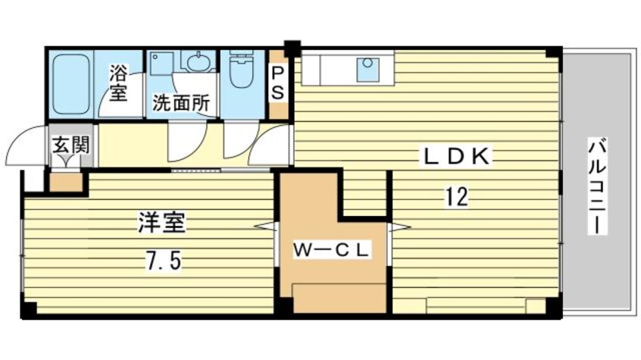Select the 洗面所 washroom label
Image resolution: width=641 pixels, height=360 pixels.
click(181, 103)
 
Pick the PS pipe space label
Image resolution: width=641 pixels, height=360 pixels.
click(278, 83)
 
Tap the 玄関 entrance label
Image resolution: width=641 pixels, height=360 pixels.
click(70, 144)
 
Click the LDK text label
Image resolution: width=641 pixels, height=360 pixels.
click(457, 158)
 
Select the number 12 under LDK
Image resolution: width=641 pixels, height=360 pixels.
click(455, 197)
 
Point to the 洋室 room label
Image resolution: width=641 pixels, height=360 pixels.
click(161, 224)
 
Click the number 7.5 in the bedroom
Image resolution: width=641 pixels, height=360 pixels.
click(161, 261)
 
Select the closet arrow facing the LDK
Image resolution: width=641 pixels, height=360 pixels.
click(399, 226)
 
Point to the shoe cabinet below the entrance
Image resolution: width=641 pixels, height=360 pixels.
click(66, 182)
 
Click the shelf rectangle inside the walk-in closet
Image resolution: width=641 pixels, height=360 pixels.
click(339, 297)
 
